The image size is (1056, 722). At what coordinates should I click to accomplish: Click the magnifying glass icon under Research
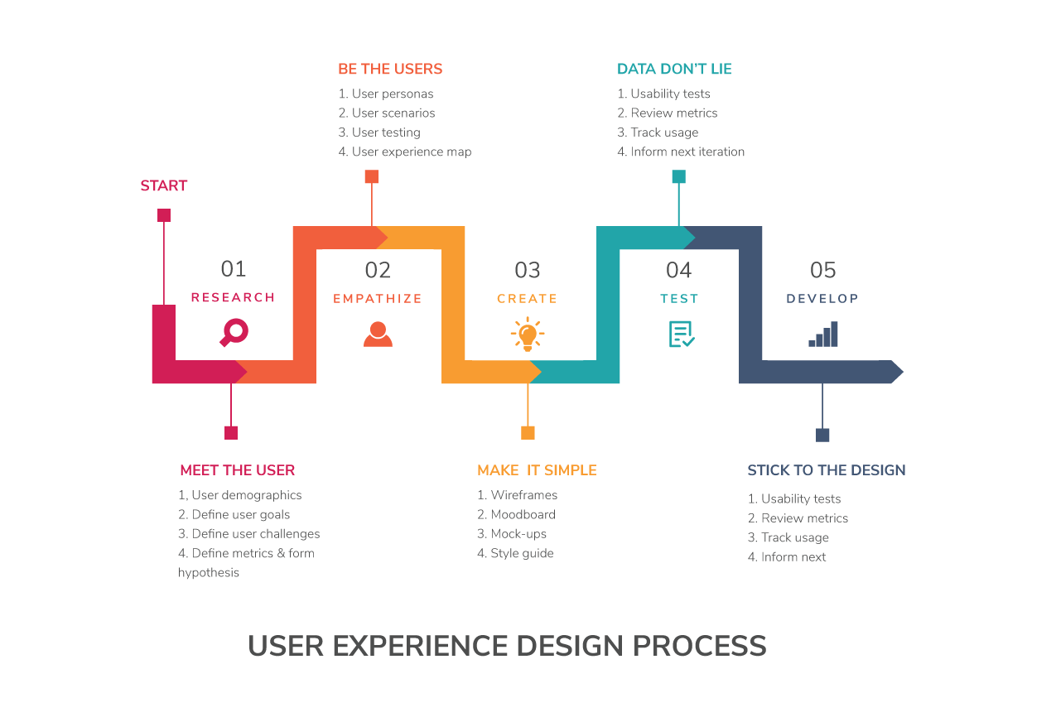(x=234, y=333)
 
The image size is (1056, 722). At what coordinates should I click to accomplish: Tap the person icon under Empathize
(x=378, y=334)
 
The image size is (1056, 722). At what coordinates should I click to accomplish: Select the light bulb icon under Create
(x=527, y=335)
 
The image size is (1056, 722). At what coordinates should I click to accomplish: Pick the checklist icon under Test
(x=681, y=334)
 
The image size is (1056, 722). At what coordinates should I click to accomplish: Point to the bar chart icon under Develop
(x=823, y=334)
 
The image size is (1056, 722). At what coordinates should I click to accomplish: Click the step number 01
(x=234, y=269)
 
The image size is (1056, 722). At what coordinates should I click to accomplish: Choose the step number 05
(x=823, y=270)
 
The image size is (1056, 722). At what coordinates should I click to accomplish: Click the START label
(x=164, y=185)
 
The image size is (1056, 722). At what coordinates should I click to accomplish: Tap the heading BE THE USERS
(x=390, y=69)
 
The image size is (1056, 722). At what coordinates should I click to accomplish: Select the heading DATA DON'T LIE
(x=674, y=69)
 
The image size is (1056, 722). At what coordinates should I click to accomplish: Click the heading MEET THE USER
(x=238, y=470)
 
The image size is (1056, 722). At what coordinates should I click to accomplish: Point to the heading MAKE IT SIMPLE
(x=537, y=470)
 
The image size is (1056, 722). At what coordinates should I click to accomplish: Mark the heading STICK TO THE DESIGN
(x=827, y=470)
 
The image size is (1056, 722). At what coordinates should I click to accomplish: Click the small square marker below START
(x=164, y=215)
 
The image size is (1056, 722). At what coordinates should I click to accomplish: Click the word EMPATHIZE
(x=378, y=299)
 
